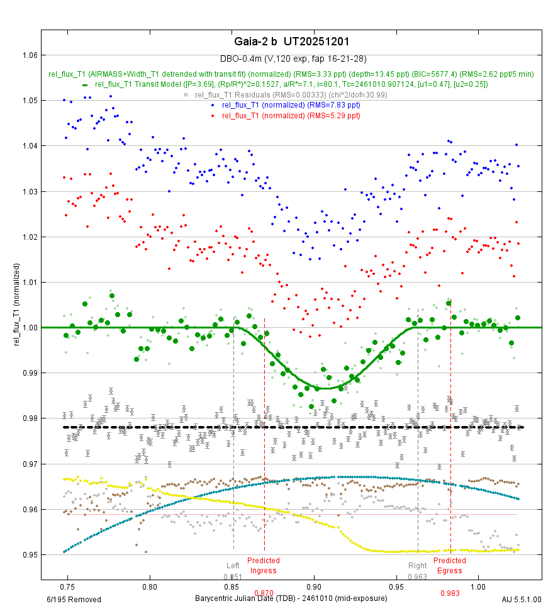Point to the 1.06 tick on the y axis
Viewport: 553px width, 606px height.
tap(28, 55)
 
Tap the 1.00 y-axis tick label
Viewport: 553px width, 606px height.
tap(28, 328)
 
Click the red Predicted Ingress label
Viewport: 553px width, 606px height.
tap(263, 566)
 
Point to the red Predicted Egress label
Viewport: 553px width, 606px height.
tap(450, 566)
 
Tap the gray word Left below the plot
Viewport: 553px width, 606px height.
tap(233, 566)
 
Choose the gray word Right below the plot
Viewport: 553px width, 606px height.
tap(417, 566)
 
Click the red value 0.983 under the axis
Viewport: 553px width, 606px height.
tap(450, 593)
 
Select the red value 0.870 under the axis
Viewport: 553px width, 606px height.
tap(264, 593)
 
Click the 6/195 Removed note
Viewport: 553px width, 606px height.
tap(74, 599)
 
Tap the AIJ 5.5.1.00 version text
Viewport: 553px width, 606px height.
tap(522, 599)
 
